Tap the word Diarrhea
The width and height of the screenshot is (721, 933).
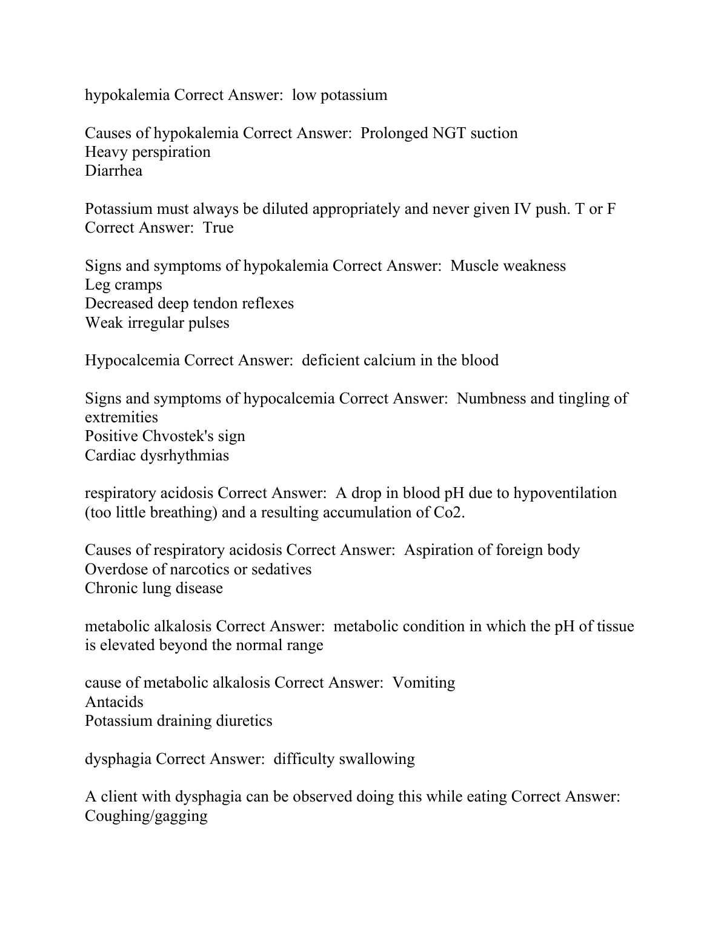[x=114, y=171]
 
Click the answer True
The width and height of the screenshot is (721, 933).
[x=218, y=228]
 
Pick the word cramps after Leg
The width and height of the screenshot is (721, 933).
[x=139, y=285]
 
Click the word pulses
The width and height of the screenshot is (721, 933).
[x=208, y=323]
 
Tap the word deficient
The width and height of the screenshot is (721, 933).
[x=330, y=360]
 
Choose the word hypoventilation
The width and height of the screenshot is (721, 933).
[x=565, y=493]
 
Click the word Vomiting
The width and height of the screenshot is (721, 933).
[x=424, y=683]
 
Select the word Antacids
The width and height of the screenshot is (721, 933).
[x=115, y=702]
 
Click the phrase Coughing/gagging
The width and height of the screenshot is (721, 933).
[x=146, y=816]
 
